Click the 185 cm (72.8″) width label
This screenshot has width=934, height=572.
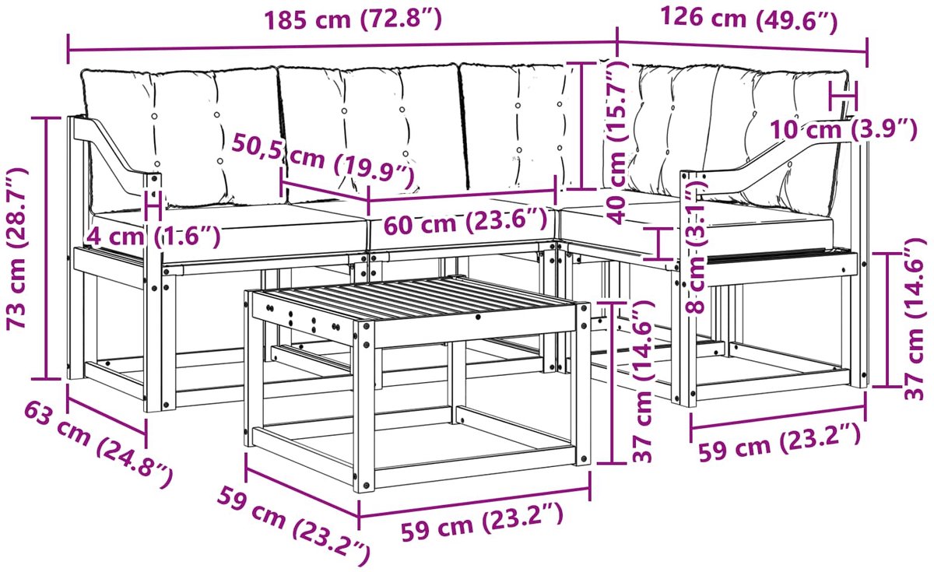tap(353, 19)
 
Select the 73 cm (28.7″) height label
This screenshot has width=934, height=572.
tap(17, 248)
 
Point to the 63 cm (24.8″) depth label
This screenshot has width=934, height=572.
tap(98, 444)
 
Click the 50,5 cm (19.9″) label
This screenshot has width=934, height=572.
tap(323, 160)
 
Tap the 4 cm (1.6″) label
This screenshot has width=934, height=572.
tap(153, 237)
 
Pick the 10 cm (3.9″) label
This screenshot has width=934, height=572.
tap(843, 129)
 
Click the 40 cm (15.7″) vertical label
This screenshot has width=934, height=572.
tap(617, 142)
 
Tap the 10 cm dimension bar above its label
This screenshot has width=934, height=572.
tap(844, 97)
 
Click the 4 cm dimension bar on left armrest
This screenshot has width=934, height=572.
tap(153, 205)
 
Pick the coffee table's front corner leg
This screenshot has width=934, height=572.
tap(364, 406)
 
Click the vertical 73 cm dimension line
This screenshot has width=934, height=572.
tap(47, 248)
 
